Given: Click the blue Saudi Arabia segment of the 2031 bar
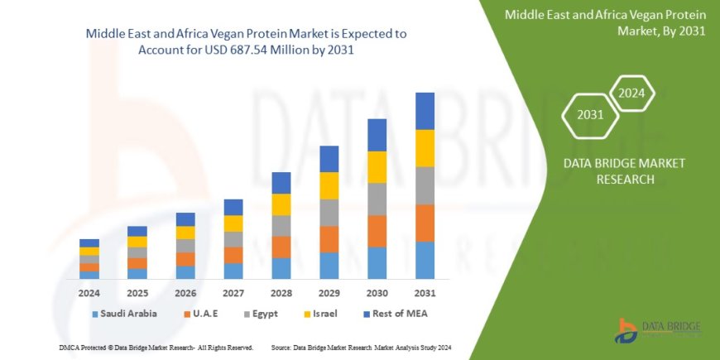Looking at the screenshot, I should (x=425, y=260).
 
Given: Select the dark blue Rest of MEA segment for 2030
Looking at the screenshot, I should (x=377, y=135).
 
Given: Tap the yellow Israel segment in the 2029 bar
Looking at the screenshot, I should (x=329, y=185).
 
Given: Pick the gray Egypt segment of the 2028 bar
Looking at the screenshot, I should (x=281, y=226).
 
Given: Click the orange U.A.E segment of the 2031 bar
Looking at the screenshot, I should (x=425, y=223).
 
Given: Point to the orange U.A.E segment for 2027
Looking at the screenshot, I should (x=233, y=255).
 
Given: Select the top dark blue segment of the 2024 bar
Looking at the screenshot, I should (x=89, y=242).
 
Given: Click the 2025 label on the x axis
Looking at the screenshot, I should (x=137, y=293).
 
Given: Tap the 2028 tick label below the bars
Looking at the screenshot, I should (x=281, y=293).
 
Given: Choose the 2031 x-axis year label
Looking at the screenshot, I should (x=425, y=293).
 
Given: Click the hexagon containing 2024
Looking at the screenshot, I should (x=632, y=93).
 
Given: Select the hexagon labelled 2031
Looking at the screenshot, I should (x=590, y=116).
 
